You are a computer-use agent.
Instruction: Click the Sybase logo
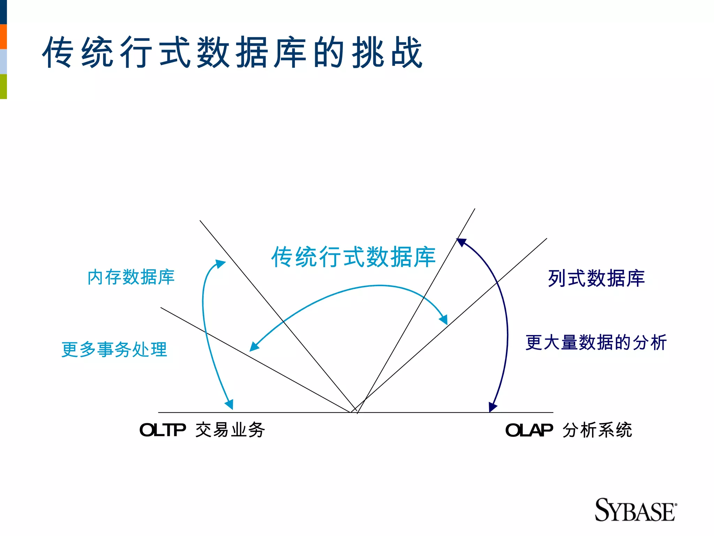pyautogui.click(x=635, y=510)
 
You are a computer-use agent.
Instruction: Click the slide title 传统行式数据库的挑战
pyautogui.click(x=233, y=52)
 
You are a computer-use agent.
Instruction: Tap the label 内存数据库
pyautogui.click(x=131, y=277)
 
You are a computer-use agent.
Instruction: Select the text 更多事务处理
pyautogui.click(x=114, y=349)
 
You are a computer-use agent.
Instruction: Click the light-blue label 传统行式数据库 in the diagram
pyautogui.click(x=354, y=257)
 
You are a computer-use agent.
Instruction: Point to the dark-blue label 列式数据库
pyautogui.click(x=596, y=278)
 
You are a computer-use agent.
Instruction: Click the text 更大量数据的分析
pyautogui.click(x=596, y=342)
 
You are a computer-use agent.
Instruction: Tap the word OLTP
pyautogui.click(x=162, y=430)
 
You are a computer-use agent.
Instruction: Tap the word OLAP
pyautogui.click(x=529, y=430)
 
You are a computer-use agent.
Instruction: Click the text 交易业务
pyautogui.click(x=230, y=430)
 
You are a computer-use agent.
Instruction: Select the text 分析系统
pyautogui.click(x=597, y=430)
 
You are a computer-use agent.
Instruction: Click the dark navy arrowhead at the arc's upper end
pyautogui.click(x=461, y=242)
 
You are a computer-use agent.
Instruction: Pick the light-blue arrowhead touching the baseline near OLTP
pyautogui.click(x=229, y=405)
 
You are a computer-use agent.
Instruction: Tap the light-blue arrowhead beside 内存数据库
pyautogui.click(x=220, y=263)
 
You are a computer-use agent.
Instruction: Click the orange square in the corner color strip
pyautogui.click(x=3, y=36)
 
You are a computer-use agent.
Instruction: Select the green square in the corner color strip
pyautogui.click(x=3, y=87)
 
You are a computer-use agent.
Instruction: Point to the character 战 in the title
pyautogui.click(x=407, y=52)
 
